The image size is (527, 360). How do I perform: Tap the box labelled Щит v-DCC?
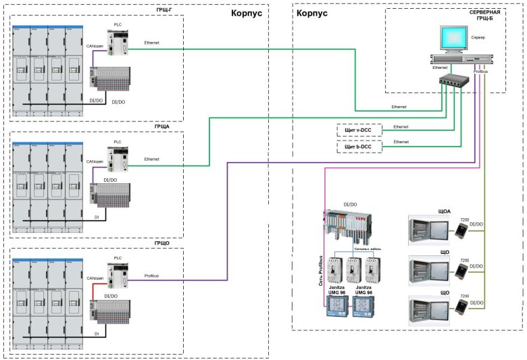[359, 129]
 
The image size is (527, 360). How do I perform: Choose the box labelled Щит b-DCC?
[359, 146]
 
